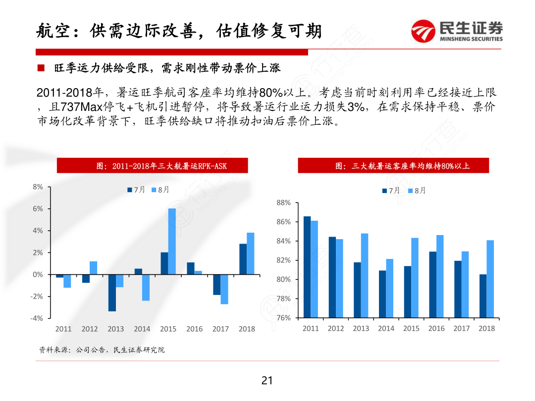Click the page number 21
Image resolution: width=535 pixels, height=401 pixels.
coord(267,381)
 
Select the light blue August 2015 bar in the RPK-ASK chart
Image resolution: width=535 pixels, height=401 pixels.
coord(172,241)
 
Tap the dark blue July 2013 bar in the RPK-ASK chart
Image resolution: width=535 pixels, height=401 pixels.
coord(112,293)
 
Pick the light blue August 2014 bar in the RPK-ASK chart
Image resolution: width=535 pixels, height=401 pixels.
coord(146,287)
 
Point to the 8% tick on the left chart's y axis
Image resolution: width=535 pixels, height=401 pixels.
coord(38,187)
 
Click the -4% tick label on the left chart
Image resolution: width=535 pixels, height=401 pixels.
coord(37,318)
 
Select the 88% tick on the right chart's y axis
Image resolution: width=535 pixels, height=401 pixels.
coord(283,203)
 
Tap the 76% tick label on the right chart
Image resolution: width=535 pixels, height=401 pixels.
coord(283,318)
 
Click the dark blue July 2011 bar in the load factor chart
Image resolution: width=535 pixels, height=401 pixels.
coord(307,267)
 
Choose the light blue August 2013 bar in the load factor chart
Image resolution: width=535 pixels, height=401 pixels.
coord(365,275)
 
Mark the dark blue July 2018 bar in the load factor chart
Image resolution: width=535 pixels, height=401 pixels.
coord(483,296)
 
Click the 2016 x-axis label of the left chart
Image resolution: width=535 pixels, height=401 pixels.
coord(195,329)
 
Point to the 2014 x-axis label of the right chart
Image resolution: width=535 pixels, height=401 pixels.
coord(386,328)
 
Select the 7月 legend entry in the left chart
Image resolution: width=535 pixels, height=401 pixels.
coord(136,190)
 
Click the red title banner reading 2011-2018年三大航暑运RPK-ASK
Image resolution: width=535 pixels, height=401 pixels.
coord(152,166)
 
